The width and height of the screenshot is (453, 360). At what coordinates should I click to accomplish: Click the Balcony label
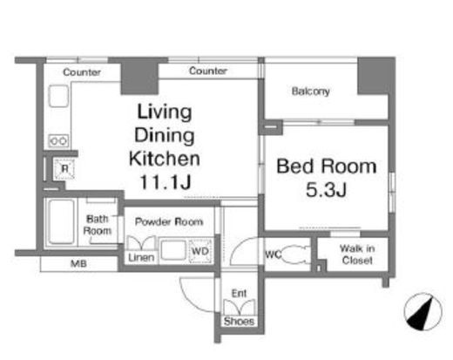click(x=310, y=92)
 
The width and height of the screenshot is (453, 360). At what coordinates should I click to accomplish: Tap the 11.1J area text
click(x=166, y=182)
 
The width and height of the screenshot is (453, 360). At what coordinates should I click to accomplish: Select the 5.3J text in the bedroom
click(x=326, y=190)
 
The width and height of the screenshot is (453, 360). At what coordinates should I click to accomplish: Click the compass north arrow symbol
click(x=423, y=312)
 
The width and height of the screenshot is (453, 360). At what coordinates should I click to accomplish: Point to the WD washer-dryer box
click(x=200, y=251)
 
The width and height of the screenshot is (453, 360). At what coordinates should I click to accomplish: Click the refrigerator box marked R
click(x=64, y=168)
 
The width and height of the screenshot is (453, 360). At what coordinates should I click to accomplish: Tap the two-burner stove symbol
click(x=58, y=141)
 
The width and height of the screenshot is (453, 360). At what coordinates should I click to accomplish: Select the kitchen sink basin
click(x=58, y=96)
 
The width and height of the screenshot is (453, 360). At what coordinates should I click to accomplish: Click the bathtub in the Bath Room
click(x=61, y=221)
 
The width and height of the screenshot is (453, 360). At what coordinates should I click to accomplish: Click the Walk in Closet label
click(x=357, y=255)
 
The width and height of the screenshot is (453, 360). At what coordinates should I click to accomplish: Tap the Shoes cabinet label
click(x=239, y=321)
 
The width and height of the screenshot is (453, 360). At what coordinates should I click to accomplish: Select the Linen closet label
click(x=141, y=257)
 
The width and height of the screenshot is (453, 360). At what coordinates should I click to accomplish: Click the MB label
click(x=78, y=264)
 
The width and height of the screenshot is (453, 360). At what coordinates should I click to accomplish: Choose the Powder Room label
click(x=169, y=222)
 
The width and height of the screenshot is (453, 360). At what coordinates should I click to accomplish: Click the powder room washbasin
click(x=173, y=249)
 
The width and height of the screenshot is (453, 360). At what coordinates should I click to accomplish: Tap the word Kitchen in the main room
click(x=165, y=159)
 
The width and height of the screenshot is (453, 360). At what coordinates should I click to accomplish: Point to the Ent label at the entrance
click(x=239, y=294)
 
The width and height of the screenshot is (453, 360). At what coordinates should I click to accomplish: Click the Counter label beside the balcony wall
click(x=208, y=71)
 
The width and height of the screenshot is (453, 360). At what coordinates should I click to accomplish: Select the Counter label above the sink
click(x=82, y=72)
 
